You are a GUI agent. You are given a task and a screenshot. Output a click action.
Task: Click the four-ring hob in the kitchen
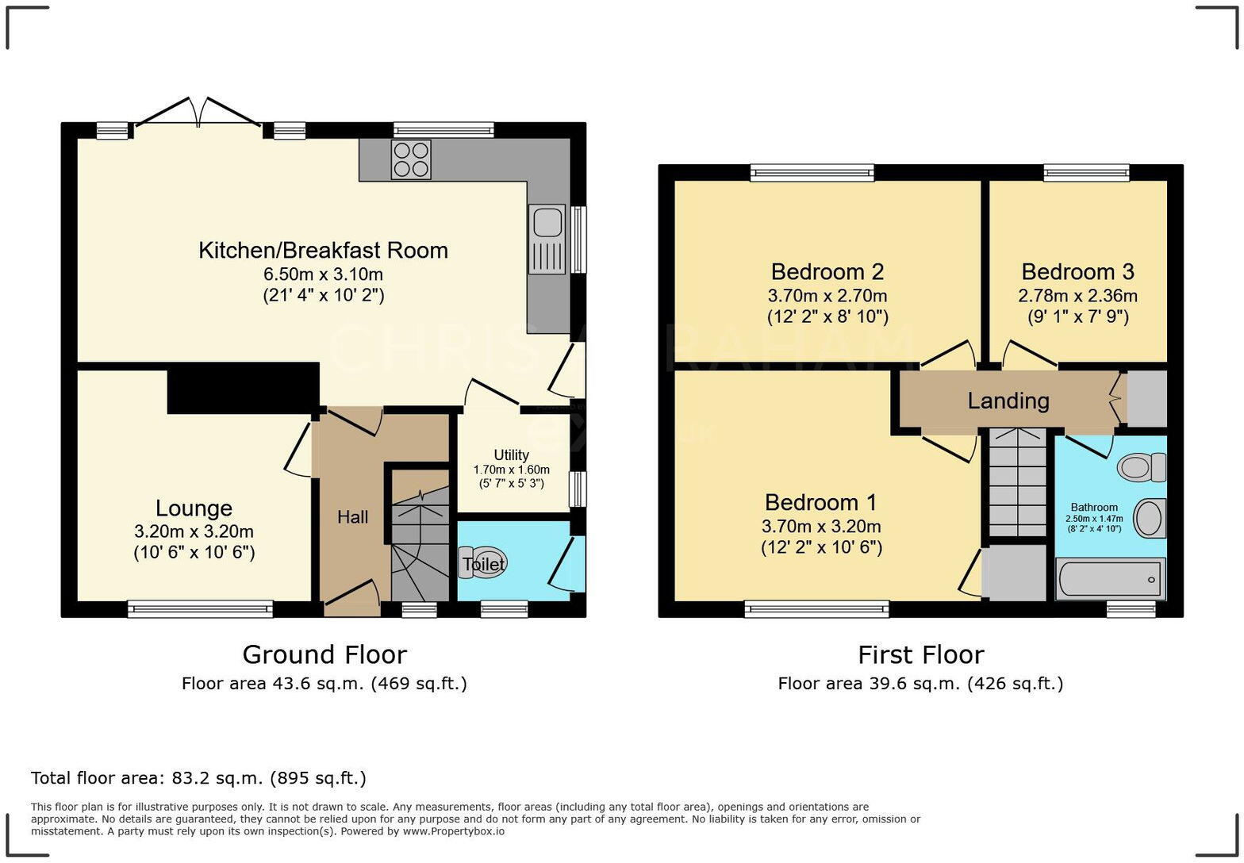point(411,159)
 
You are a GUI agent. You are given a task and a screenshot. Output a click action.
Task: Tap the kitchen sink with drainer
point(547,239)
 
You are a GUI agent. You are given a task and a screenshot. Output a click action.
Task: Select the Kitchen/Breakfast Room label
point(323,251)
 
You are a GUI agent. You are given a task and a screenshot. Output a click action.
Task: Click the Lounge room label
point(194,508)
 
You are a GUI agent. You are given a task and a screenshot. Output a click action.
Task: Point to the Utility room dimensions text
point(511,476)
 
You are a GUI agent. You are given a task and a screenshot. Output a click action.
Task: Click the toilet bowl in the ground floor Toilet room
point(486,563)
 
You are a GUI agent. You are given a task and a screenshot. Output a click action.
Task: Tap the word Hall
point(352,517)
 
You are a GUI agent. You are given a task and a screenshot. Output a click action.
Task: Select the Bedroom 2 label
point(827,272)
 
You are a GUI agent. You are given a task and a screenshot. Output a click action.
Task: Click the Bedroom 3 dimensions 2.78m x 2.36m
point(1077,296)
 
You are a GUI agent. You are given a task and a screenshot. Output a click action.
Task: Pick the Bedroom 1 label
point(820,503)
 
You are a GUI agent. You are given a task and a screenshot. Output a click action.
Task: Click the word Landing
point(1008,401)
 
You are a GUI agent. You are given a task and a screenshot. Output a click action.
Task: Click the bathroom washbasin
point(1150,519)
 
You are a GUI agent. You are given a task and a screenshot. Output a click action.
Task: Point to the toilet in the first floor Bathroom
point(1142,466)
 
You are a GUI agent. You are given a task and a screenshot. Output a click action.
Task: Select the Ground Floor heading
point(324,654)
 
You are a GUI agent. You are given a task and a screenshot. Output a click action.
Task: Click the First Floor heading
point(920,654)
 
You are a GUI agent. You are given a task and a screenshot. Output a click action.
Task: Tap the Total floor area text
point(198,778)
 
